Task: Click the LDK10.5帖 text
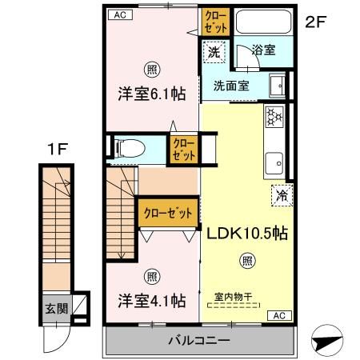pos(248,234)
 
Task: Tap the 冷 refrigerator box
pos(282,193)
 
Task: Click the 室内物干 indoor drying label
pos(233,297)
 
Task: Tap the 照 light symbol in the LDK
pos(248,259)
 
